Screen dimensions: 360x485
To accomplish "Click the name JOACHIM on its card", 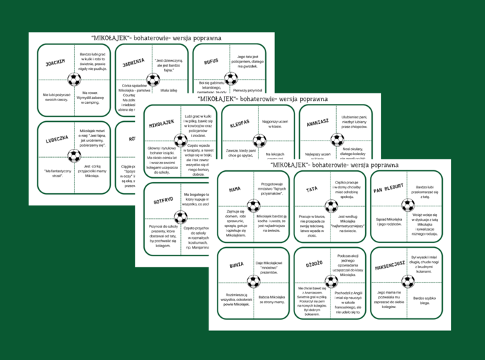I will [x=55, y=62].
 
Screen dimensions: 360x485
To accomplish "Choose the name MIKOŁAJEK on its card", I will [x=161, y=123].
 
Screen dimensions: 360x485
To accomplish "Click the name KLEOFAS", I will [x=240, y=123].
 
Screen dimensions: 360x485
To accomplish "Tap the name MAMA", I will [x=235, y=188].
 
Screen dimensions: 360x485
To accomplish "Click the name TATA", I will [x=312, y=188].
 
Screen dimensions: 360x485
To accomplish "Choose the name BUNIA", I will [x=236, y=264].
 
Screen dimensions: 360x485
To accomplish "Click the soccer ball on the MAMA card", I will [x=254, y=205].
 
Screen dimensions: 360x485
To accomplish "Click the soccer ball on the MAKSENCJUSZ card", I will [x=408, y=281].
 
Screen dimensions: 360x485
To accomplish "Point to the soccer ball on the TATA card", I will [x=331, y=205].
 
